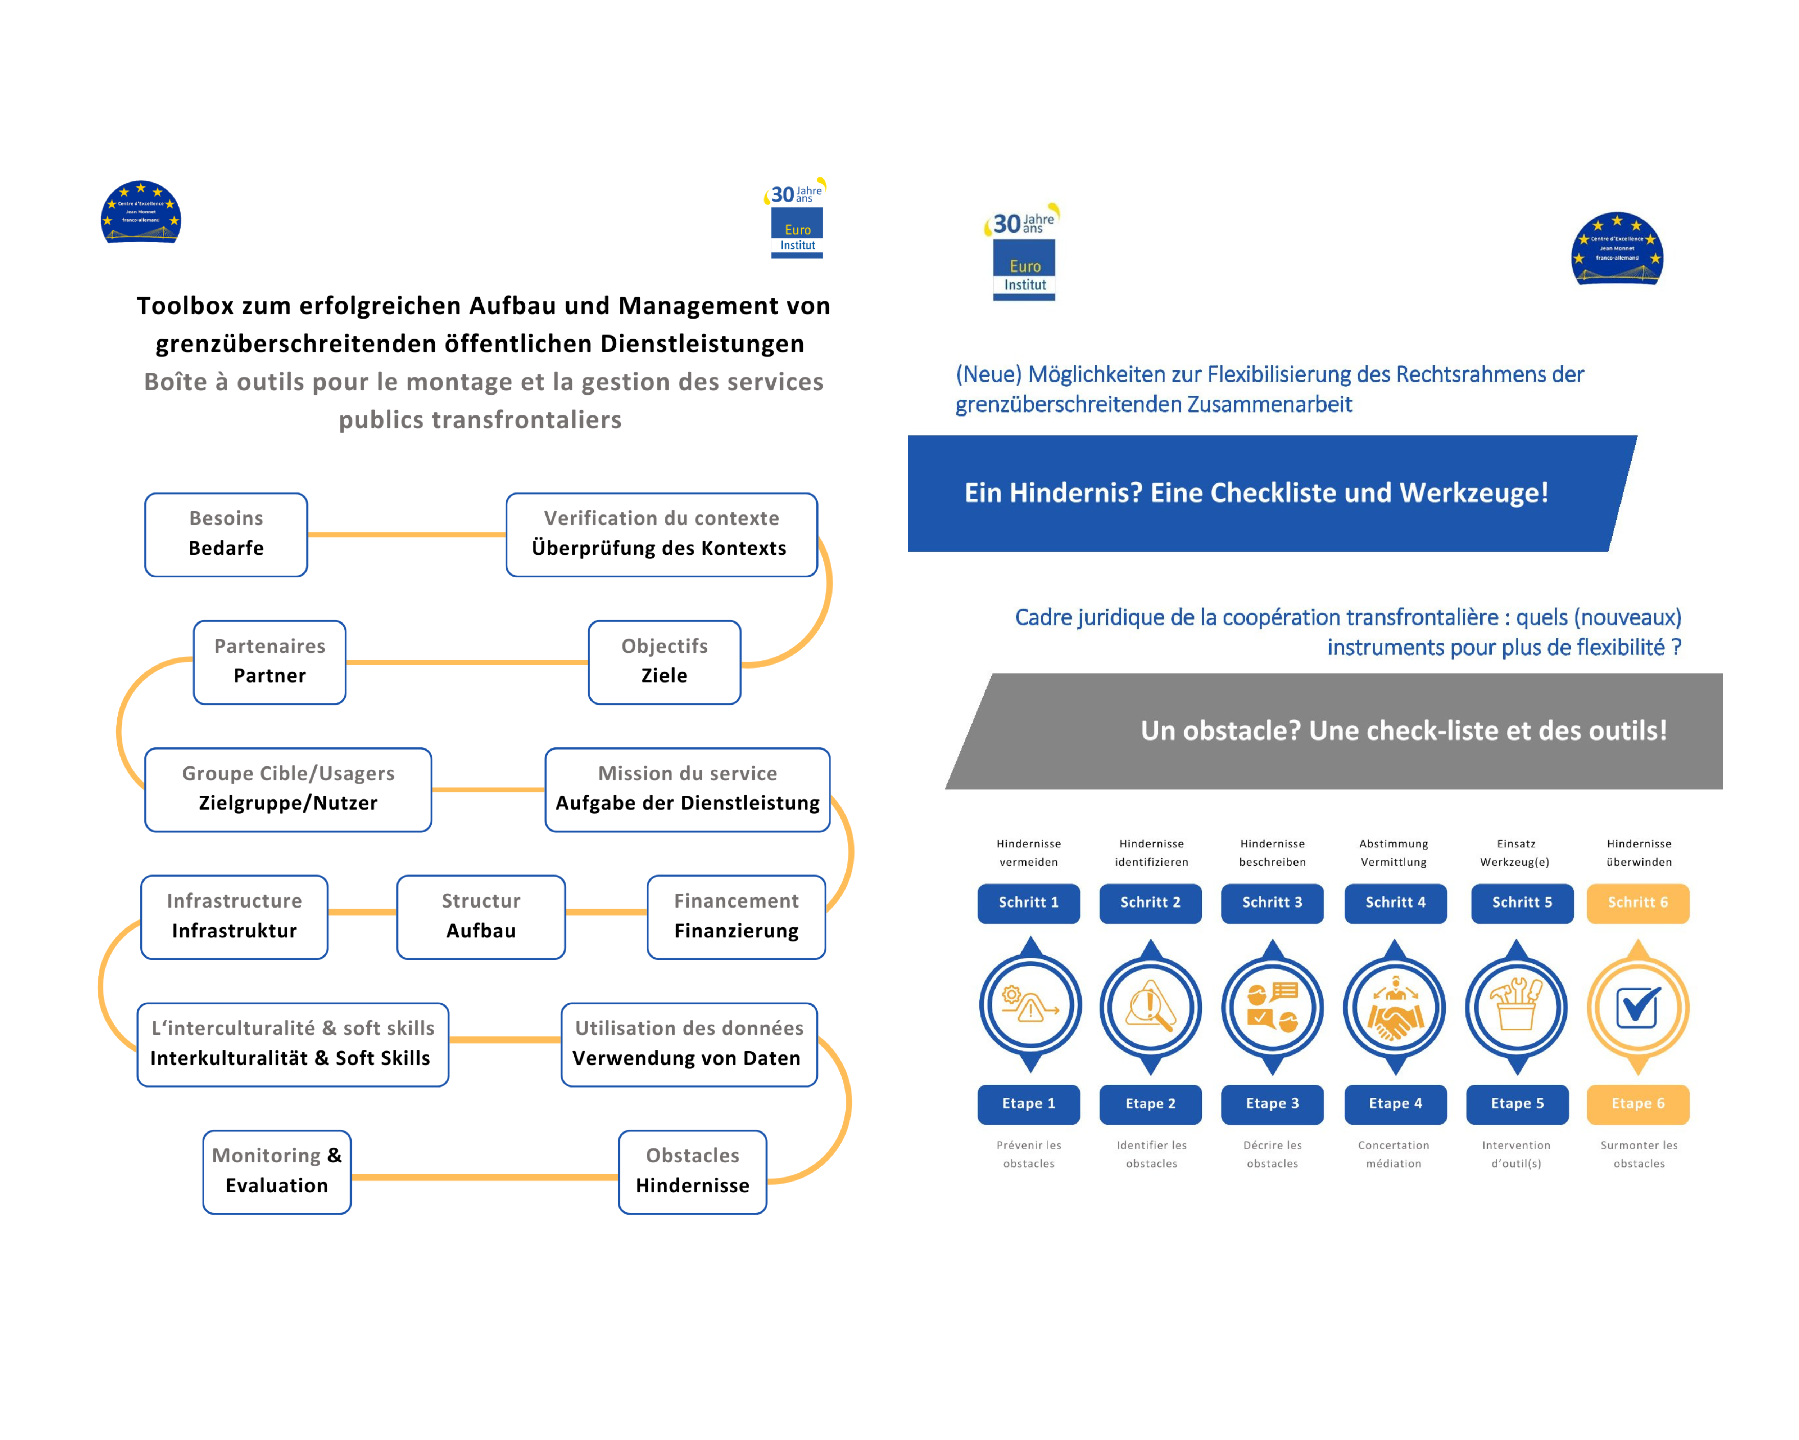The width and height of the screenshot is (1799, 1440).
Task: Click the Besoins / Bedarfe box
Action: (x=226, y=534)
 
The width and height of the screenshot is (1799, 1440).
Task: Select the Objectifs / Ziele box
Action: (x=664, y=662)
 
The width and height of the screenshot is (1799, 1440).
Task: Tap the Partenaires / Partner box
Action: (x=269, y=662)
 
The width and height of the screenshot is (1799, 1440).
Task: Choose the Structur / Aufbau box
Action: (x=481, y=917)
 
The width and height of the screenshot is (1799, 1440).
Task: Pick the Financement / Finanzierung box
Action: (x=736, y=917)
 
